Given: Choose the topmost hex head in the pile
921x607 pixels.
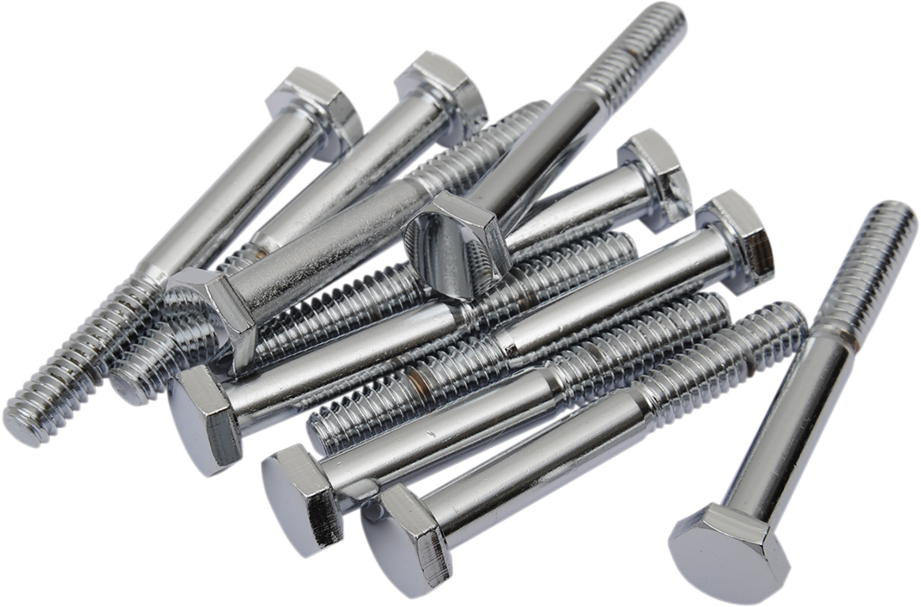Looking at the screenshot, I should tap(444, 83).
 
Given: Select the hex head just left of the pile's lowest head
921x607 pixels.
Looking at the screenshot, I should tap(301, 495).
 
